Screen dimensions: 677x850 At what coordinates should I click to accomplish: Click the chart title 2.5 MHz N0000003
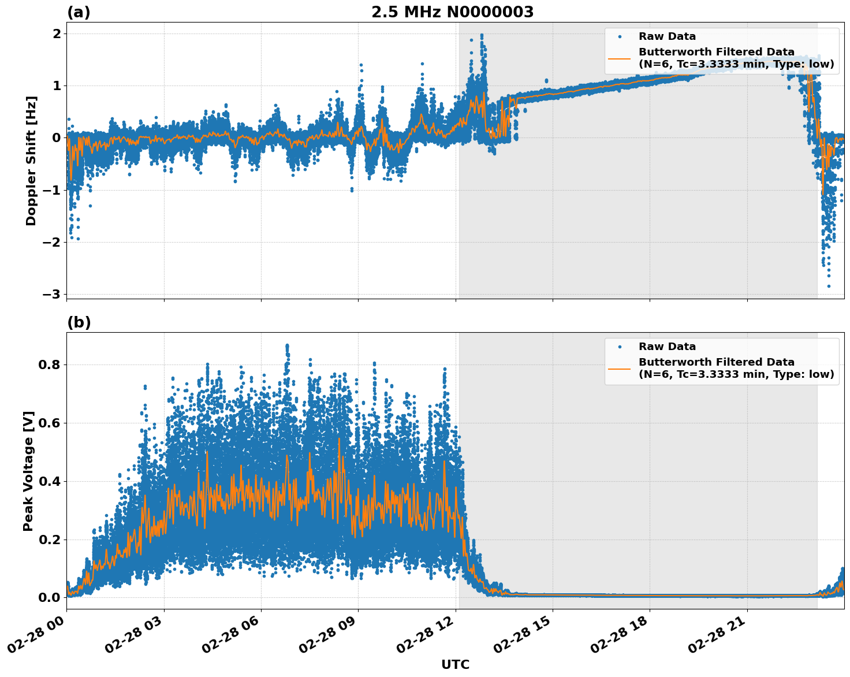click(x=452, y=12)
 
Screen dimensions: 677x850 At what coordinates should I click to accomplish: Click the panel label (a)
click(x=79, y=12)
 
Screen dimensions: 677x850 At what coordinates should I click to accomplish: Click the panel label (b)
click(x=79, y=322)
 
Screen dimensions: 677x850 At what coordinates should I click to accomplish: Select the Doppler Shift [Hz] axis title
click(x=31, y=161)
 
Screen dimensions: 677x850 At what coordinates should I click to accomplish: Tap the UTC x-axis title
click(x=455, y=664)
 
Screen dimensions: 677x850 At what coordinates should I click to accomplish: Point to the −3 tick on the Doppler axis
click(x=51, y=294)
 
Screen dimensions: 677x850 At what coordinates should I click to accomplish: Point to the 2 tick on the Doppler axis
click(x=57, y=34)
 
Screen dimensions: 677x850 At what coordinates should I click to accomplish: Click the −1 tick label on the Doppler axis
click(x=51, y=190)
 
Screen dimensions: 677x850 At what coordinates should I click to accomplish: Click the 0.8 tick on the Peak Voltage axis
click(x=50, y=364)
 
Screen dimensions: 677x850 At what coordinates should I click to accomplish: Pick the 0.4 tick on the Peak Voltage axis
click(x=50, y=481)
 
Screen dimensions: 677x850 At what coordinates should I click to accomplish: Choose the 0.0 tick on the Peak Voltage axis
click(x=50, y=597)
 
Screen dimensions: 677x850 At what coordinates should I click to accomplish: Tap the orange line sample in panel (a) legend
click(x=619, y=58)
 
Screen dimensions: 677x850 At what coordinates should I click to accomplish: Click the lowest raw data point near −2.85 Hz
click(x=829, y=286)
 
